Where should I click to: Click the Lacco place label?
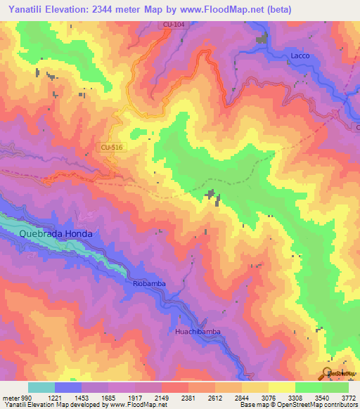pos(300,56)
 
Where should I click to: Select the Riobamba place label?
pos(148,283)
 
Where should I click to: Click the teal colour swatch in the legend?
pos(41,388)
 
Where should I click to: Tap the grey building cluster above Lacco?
pos(263,39)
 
